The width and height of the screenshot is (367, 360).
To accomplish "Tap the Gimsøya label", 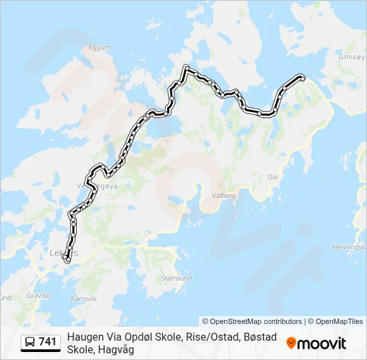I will point(352,57).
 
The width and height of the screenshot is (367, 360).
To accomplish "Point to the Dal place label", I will point(272,177).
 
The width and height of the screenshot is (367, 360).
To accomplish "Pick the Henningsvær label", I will point(349,247).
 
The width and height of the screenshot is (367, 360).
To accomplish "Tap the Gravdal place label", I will point(38,294).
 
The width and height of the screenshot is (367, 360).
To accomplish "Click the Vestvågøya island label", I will point(97,186).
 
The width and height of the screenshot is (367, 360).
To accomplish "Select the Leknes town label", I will point(63,253).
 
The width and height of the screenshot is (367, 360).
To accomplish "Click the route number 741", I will point(47,342).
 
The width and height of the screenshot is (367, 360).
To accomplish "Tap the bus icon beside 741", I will point(31,342).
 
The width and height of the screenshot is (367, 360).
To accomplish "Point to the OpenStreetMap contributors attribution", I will point(252,321).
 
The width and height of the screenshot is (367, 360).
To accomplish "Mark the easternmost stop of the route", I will point(302,78).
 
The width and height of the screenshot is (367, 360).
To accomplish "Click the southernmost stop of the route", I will point(67,261).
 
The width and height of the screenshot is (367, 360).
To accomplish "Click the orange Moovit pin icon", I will point(291,343).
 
